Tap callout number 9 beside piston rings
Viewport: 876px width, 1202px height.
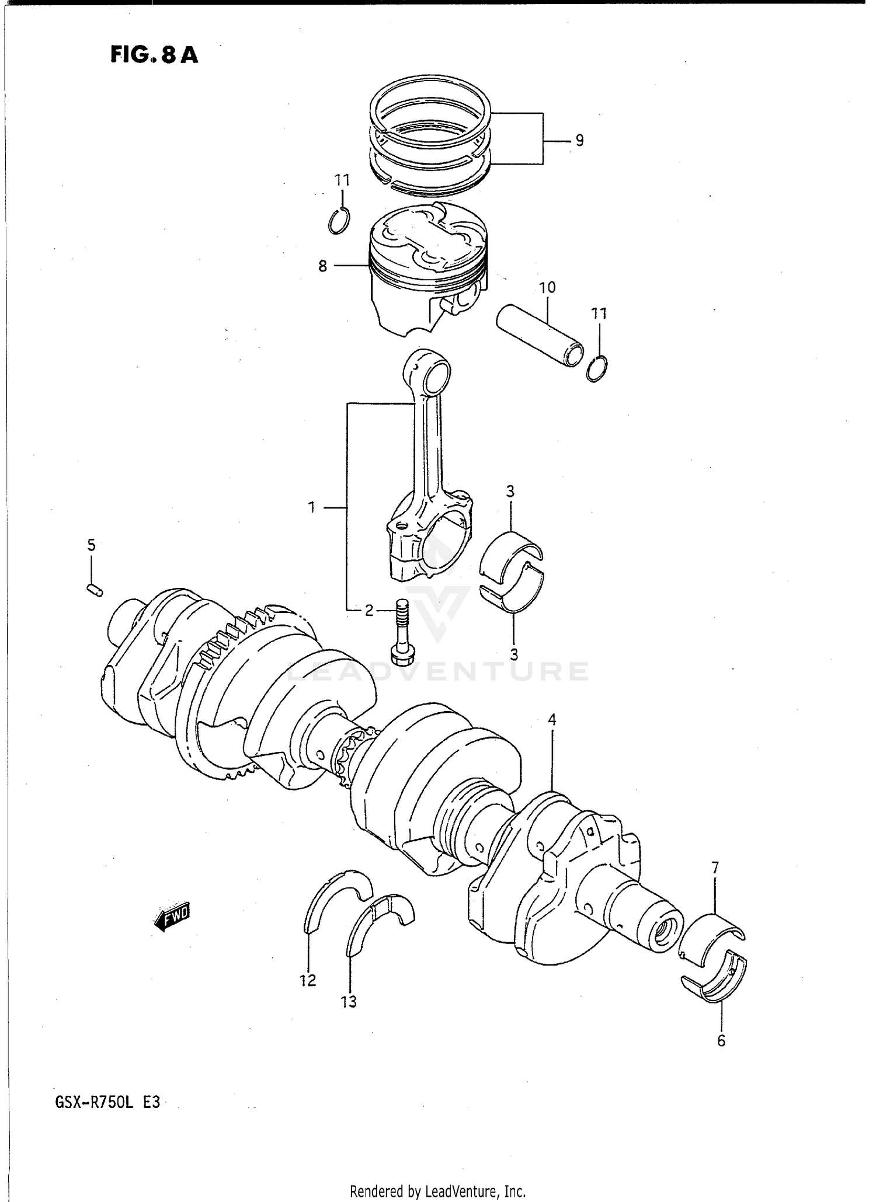579,141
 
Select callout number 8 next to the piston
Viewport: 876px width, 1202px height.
322,266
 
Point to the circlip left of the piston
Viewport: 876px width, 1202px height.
339,221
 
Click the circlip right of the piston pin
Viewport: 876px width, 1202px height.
597,368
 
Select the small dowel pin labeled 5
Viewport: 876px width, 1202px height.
95,590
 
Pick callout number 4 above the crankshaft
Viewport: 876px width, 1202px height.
552,720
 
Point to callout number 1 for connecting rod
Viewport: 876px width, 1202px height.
312,507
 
